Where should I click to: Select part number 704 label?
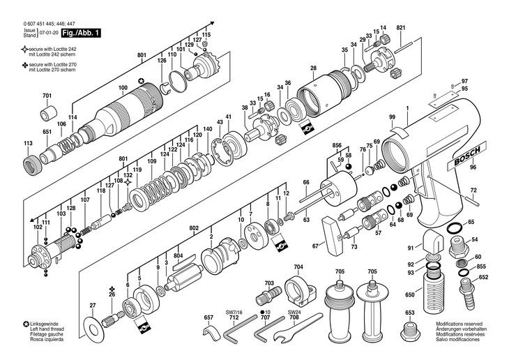[298, 267]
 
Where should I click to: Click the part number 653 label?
[410, 313]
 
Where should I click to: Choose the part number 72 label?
[473, 190]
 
